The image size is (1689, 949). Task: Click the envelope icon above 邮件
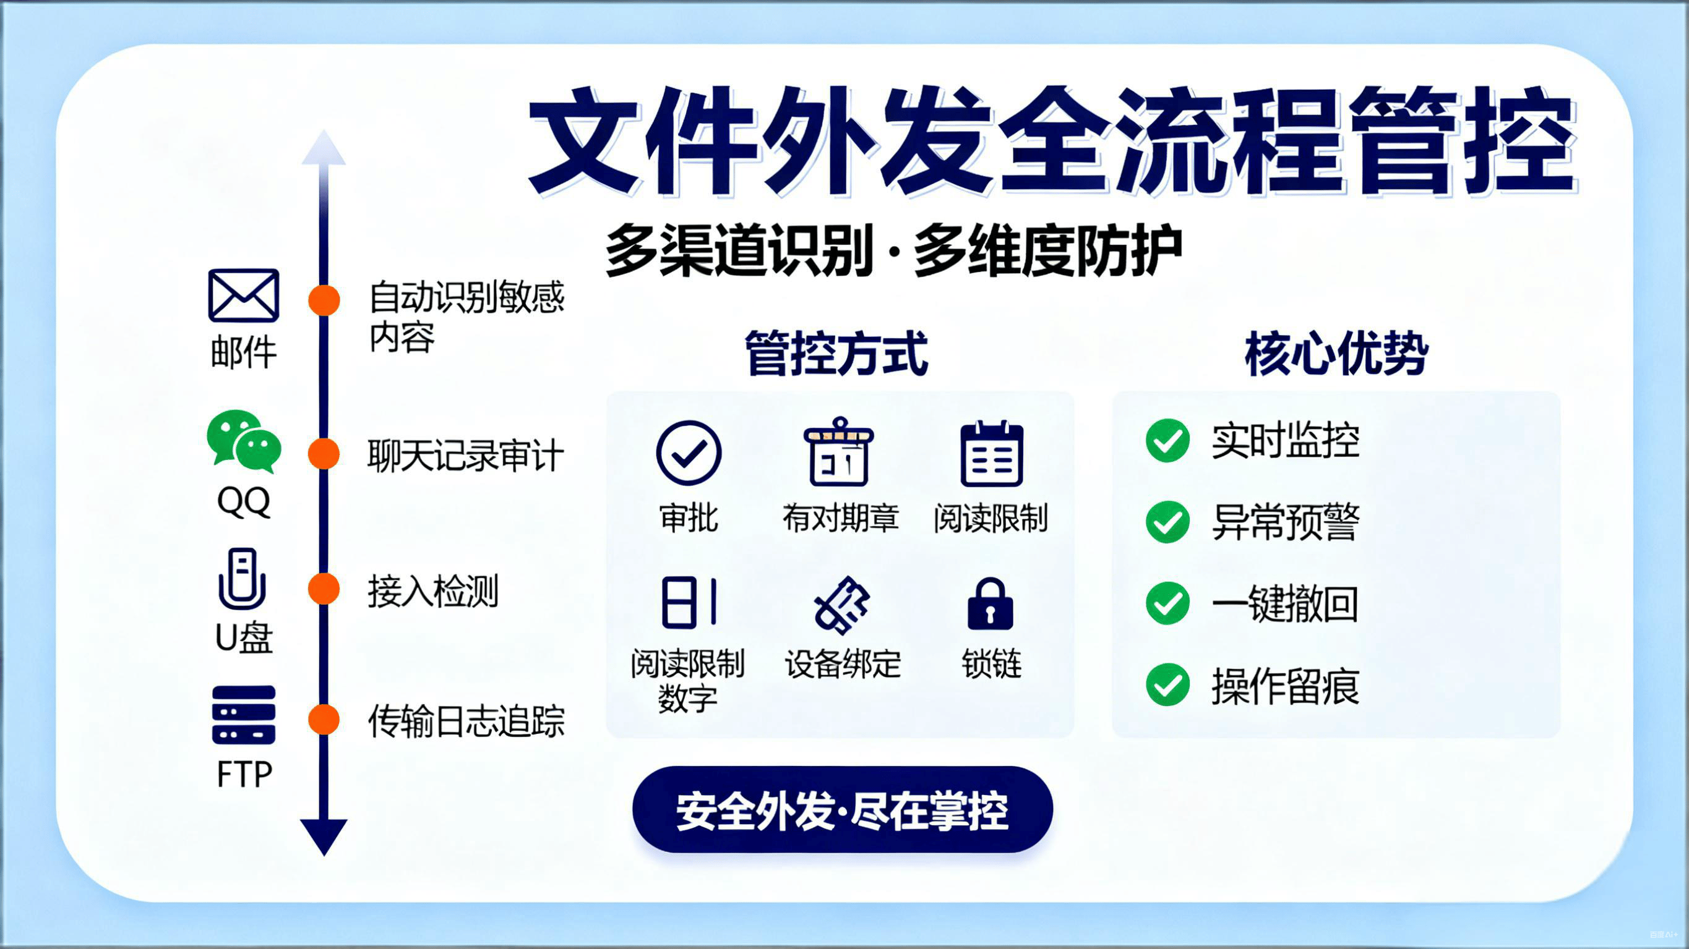[243, 295]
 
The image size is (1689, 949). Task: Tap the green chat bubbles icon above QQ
[244, 441]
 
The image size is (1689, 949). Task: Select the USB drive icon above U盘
[242, 579]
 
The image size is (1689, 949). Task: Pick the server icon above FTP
[243, 715]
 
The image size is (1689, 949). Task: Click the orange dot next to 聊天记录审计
[324, 454]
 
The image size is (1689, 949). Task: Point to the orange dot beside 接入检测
[324, 588]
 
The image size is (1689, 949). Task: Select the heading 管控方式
[836, 353]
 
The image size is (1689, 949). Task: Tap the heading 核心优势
[1336, 353]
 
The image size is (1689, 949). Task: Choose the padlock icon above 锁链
[990, 603]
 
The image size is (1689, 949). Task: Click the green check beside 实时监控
[1167, 440]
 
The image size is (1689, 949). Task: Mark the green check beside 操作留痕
[1167, 685]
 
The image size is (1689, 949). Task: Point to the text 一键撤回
[1285, 603]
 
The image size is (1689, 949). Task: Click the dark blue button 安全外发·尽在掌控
[843, 809]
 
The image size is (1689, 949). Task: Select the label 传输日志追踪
[466, 721]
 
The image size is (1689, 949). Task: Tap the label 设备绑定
[843, 663]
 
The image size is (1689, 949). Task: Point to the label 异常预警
[1286, 522]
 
